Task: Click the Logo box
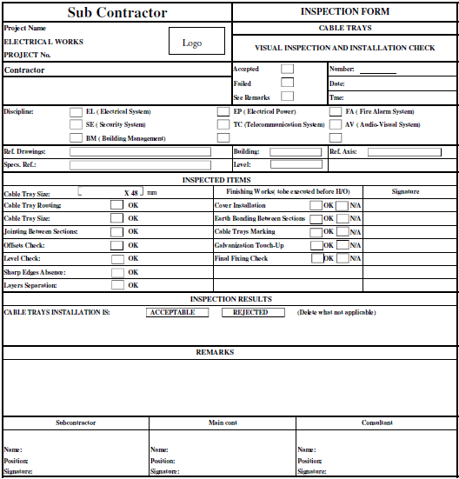tap(192, 43)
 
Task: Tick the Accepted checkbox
tap(287, 69)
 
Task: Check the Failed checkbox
tap(287, 83)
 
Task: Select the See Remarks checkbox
tap(287, 96)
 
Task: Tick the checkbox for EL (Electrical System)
tap(76, 111)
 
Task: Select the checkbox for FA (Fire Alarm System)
tap(336, 111)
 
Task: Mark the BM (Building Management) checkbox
tap(76, 137)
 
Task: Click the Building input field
tap(296, 151)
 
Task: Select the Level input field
tap(296, 164)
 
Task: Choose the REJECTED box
tap(252, 312)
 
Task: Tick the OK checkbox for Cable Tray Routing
tap(116, 205)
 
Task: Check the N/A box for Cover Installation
tap(342, 205)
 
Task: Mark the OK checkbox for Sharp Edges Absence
tap(116, 272)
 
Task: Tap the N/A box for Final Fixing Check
tap(342, 258)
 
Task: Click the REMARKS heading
tap(215, 352)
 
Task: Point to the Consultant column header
tap(377, 422)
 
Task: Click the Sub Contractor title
tap(116, 12)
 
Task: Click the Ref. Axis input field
tap(404, 151)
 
